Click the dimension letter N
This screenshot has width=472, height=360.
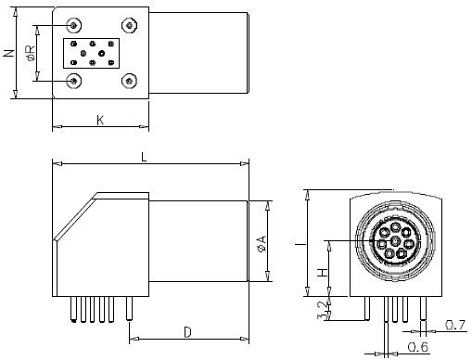9,53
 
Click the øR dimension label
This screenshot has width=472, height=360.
31,53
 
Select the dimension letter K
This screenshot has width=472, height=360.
100,120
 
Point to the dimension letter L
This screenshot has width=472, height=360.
144,158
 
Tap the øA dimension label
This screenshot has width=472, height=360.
262,244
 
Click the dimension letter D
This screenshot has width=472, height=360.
187,332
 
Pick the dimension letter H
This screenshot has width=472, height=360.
323,273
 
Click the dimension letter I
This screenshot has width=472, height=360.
300,244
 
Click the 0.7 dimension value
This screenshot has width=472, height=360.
455,325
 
